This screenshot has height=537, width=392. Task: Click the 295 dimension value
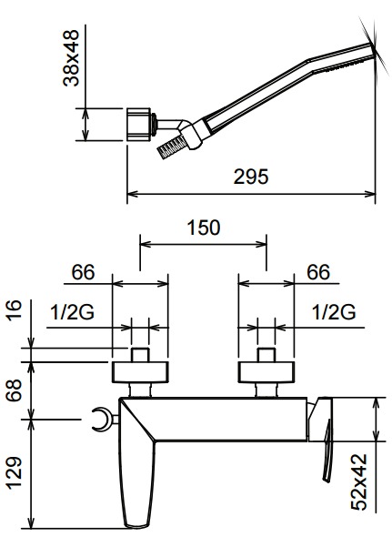coord(251,177)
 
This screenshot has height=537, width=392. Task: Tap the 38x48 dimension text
coord(71,58)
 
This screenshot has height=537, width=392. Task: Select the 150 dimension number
coord(204,228)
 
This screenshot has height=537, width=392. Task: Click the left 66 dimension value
coord(83,272)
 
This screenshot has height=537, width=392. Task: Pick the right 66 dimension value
coord(318,272)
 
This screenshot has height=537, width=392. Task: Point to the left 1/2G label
coord(72,312)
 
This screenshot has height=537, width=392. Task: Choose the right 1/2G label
coord(334,312)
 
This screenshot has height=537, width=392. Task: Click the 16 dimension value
coord(15,310)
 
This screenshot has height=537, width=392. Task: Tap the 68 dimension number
coord(15,390)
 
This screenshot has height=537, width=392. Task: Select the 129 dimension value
coord(15,473)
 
